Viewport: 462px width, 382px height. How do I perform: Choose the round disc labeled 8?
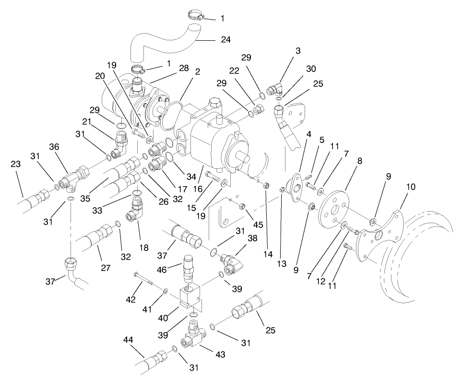coord(335,207)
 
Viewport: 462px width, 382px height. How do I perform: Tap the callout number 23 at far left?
coord(16,164)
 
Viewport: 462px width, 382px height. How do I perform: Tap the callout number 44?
coord(128,339)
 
